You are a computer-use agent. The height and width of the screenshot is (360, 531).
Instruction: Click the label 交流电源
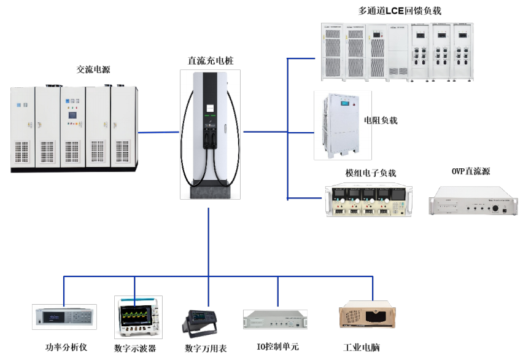[x=93, y=70]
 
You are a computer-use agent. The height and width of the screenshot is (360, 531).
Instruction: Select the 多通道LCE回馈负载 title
[x=400, y=10]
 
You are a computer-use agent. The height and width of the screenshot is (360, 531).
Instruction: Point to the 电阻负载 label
[x=381, y=120]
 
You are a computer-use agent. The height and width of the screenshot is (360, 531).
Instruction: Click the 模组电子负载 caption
[x=371, y=173]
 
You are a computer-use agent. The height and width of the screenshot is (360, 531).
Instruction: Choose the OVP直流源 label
[x=471, y=171]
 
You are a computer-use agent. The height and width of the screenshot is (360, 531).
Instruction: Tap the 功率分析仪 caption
[x=66, y=347]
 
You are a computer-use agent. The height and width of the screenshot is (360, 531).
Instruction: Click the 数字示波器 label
[x=135, y=348]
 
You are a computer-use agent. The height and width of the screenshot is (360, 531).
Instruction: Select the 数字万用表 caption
[x=206, y=348]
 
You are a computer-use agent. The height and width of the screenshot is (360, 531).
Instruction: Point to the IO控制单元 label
[x=277, y=347]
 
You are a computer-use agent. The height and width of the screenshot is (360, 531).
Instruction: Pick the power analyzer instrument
[x=64, y=317]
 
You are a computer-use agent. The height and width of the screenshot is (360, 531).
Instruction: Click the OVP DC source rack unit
[x=473, y=201]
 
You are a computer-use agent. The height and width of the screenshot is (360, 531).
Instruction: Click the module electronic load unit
[x=368, y=201]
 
